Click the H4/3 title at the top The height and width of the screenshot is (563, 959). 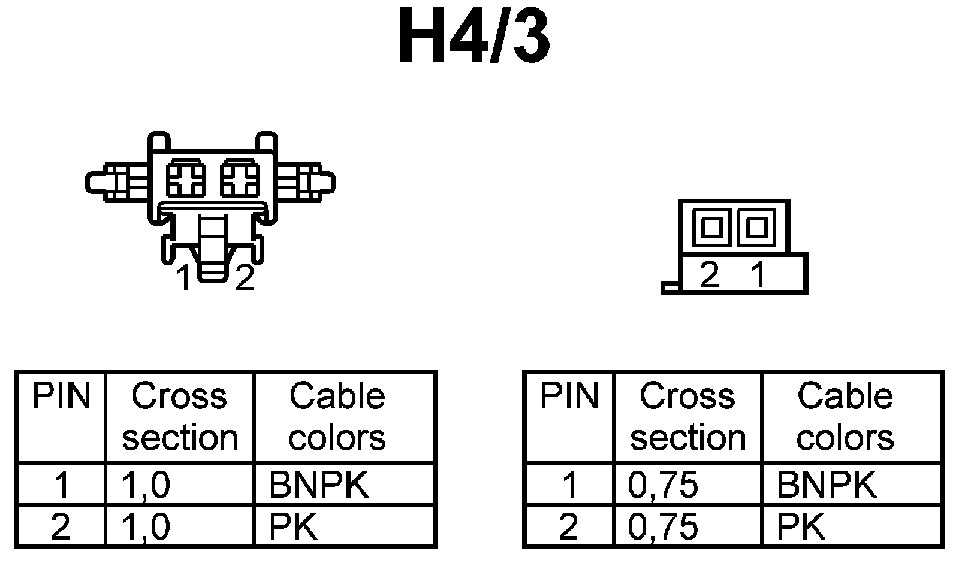[x=474, y=38]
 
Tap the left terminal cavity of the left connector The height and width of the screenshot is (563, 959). [x=185, y=179]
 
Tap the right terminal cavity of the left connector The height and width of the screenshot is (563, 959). [x=239, y=179]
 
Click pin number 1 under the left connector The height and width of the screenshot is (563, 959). [x=184, y=279]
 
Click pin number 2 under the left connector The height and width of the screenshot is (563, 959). [x=245, y=279]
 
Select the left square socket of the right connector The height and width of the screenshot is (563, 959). [x=711, y=228]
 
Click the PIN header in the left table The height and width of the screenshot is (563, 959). [x=61, y=397]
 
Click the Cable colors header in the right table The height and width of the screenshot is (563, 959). [x=845, y=417]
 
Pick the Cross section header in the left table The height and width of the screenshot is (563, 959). [x=179, y=417]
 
